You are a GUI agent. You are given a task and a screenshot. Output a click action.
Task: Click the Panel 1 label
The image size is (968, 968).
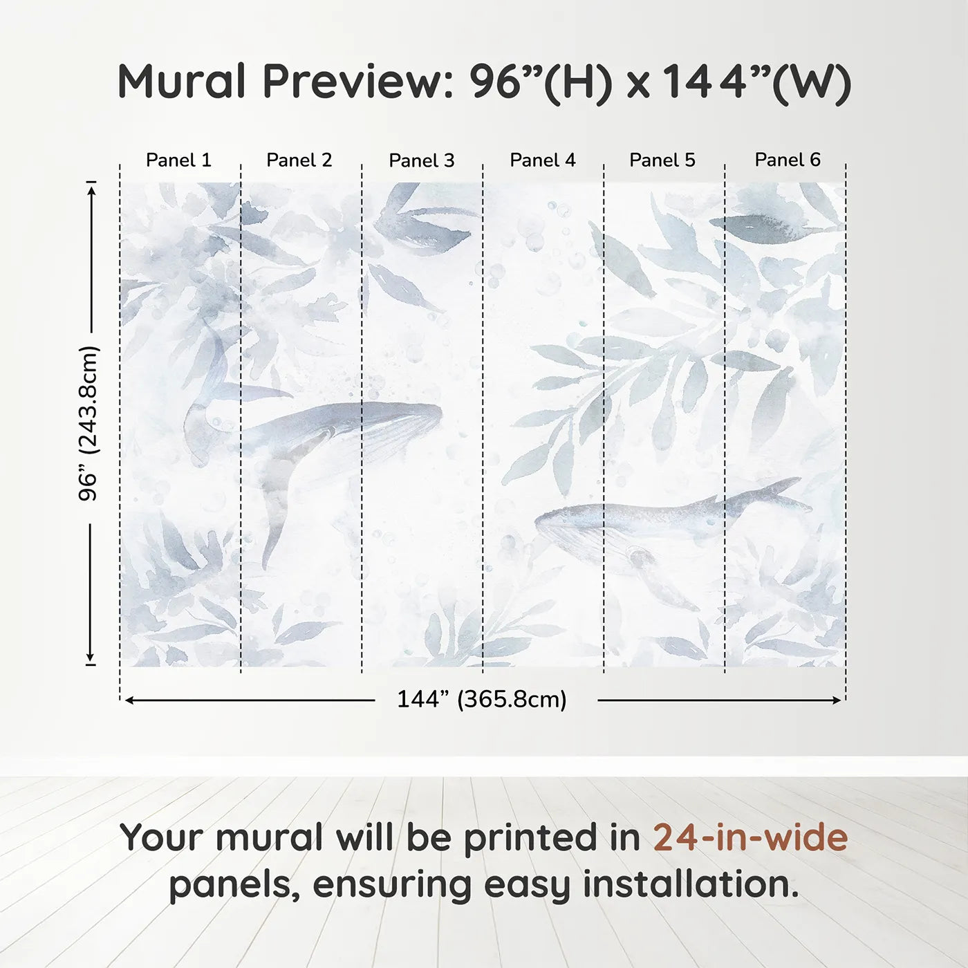click(x=178, y=160)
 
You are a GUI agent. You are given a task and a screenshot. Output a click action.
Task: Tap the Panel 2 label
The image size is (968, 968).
click(x=299, y=160)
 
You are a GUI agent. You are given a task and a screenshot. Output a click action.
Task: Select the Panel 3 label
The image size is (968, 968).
click(x=422, y=160)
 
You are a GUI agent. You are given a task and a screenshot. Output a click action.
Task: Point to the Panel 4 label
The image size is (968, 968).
click(x=543, y=160)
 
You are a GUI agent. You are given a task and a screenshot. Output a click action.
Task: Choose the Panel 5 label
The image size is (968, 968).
click(x=662, y=160)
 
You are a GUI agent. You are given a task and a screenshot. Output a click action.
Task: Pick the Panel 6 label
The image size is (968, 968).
click(x=788, y=160)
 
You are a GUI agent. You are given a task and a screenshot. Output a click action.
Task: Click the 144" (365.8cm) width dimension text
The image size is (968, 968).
click(x=482, y=699)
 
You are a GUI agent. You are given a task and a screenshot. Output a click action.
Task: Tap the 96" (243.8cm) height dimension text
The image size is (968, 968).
click(x=89, y=423)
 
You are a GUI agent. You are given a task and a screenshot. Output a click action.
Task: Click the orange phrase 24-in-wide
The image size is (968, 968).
click(x=750, y=837)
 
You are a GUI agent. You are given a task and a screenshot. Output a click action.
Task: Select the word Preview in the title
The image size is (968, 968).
click(x=357, y=82)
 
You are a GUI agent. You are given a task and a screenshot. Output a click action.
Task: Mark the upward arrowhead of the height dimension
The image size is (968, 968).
click(x=91, y=189)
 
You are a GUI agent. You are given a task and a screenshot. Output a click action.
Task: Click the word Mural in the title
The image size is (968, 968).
click(x=181, y=82)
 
